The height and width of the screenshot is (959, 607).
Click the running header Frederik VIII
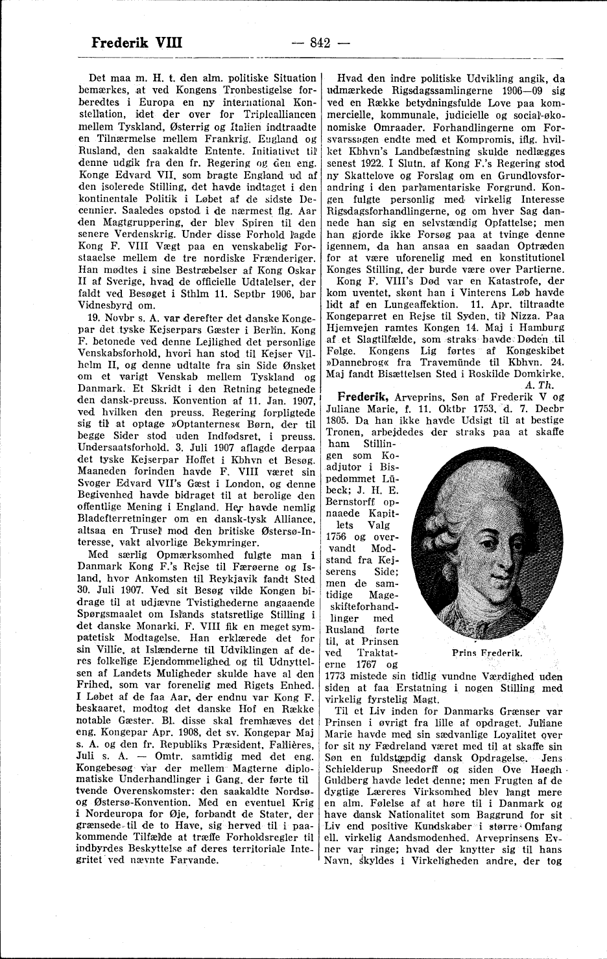tap(137, 43)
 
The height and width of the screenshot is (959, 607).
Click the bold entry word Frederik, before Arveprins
tap(358, 397)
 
